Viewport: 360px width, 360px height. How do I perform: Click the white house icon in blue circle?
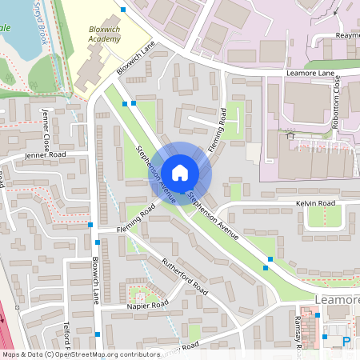[180, 172]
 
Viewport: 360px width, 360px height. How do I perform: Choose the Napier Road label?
[148, 306]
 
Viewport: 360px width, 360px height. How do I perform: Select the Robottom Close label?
[337, 98]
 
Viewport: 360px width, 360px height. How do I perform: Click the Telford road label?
[67, 336]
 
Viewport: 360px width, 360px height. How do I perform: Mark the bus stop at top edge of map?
[123, 10]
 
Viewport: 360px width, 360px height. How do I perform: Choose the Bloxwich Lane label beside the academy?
[134, 59]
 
